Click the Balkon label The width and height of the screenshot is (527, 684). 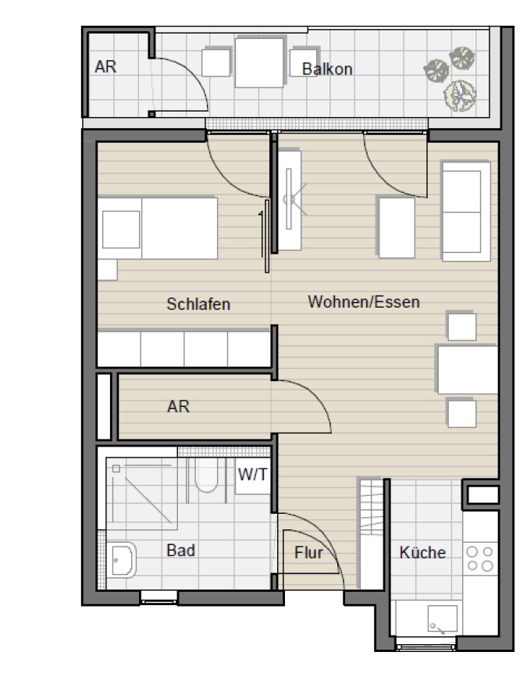point(327,69)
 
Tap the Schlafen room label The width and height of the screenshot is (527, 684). point(198,305)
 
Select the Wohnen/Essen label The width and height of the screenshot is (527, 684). point(363,301)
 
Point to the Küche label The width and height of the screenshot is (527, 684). point(422,553)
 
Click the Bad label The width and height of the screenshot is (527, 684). point(180,550)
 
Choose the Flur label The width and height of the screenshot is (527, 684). point(309,553)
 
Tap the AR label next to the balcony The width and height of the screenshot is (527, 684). point(105,67)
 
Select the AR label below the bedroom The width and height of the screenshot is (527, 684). point(178,407)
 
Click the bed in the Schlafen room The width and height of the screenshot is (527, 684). point(158,227)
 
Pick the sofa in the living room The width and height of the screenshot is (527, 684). point(465,211)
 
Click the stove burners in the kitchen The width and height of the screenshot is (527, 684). point(479,559)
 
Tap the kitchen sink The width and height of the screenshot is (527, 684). point(436,620)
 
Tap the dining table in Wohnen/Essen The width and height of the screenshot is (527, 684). point(466,369)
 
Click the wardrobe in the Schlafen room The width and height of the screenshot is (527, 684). point(183,348)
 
